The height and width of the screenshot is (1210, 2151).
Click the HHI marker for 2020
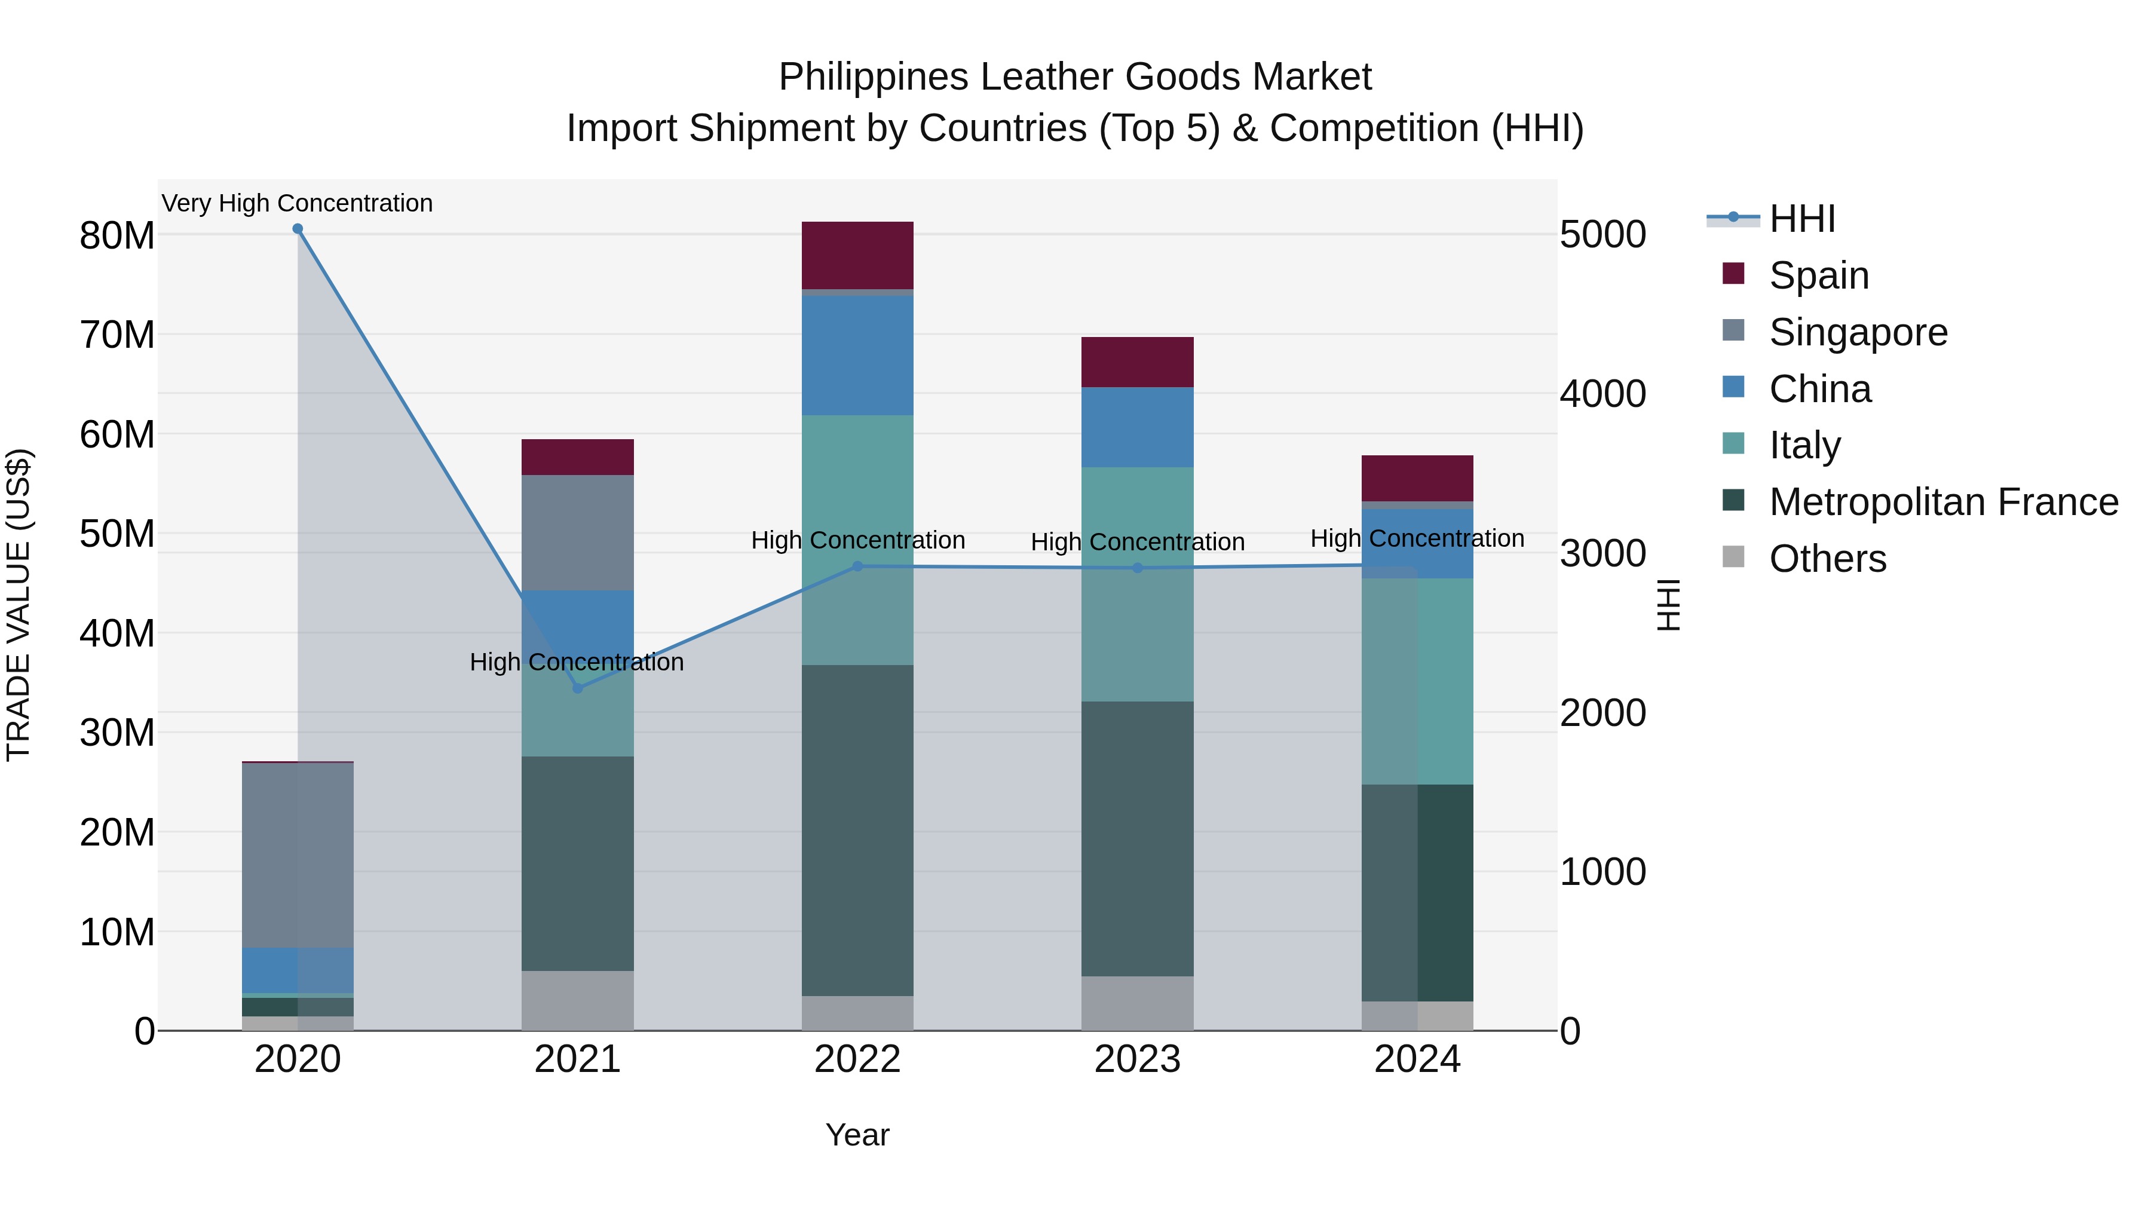pos(298,229)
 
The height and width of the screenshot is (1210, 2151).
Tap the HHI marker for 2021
pos(577,688)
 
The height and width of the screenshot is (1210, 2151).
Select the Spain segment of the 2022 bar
pos(857,255)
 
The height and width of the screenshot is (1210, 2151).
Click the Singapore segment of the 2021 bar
pos(577,532)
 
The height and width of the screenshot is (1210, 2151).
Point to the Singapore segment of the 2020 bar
pos(298,854)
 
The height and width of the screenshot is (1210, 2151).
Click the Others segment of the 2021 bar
pos(577,1000)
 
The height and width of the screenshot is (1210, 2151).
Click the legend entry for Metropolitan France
pos(1943,502)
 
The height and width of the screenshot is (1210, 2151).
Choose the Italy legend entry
pos(1804,445)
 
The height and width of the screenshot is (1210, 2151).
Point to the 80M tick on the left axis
pos(117,235)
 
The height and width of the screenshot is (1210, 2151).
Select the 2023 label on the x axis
pos(1136,1059)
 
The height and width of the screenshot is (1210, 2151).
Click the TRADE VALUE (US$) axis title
pos(19,605)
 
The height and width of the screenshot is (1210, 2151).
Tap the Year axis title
pos(857,1135)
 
